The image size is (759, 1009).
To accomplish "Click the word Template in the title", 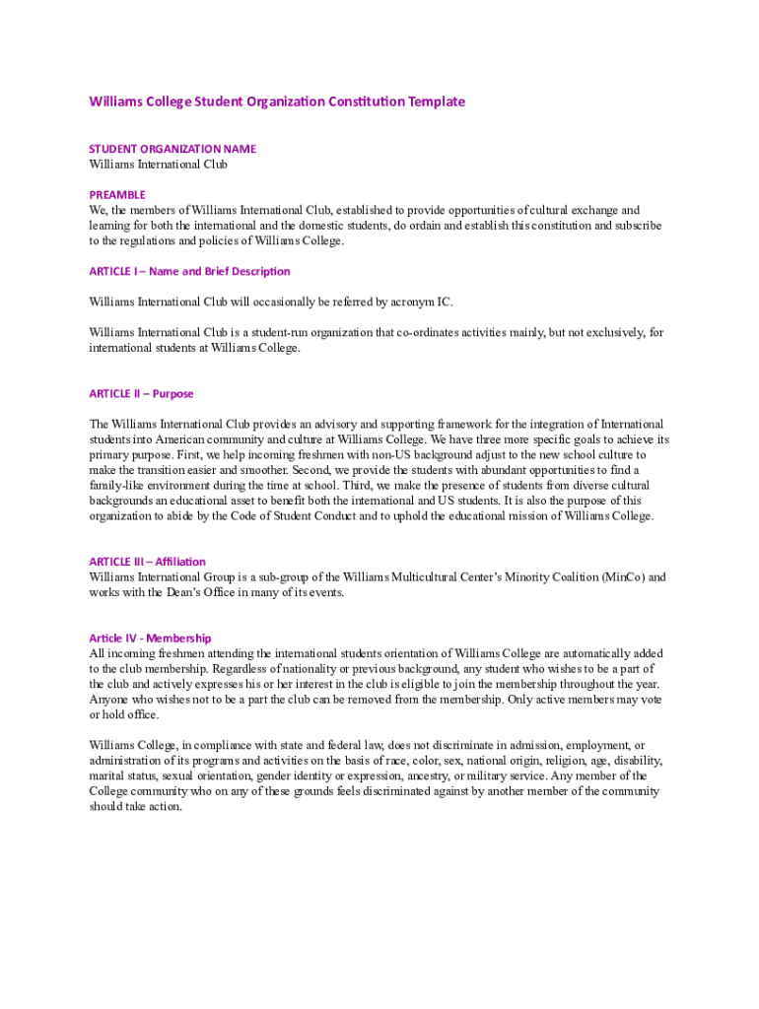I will (x=434, y=101).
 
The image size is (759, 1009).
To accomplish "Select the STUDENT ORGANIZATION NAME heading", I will (x=172, y=149).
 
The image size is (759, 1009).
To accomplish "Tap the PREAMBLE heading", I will (x=117, y=195).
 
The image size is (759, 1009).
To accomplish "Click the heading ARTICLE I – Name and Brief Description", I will (x=189, y=271).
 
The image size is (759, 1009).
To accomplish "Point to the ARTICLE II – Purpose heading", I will (x=141, y=393).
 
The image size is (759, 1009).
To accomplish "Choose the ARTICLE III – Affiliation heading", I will (x=147, y=562).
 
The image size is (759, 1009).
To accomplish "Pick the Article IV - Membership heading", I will (x=150, y=639).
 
